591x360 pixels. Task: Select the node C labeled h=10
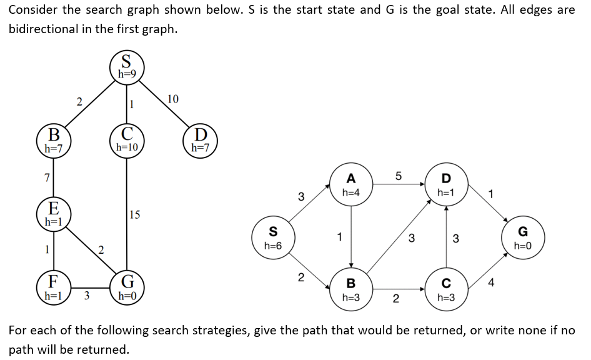(x=127, y=140)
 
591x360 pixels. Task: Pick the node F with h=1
(x=54, y=288)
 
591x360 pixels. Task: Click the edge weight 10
(x=173, y=99)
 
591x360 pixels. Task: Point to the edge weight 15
(x=135, y=215)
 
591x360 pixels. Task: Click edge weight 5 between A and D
(x=398, y=176)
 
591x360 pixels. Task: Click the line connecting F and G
(x=91, y=289)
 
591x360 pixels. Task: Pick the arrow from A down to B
(x=352, y=237)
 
